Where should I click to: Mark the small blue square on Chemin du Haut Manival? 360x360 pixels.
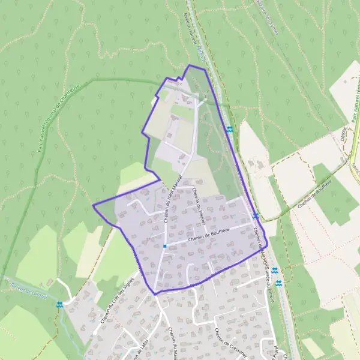(164, 246)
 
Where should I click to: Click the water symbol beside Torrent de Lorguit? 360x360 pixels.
(59, 305)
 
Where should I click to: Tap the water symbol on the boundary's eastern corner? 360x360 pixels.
(256, 215)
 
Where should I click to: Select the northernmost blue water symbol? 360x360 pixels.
(230, 129)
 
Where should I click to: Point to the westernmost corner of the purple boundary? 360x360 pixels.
(94, 206)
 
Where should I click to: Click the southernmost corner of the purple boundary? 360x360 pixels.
(155, 293)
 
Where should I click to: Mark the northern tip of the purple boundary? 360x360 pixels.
(190, 65)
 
